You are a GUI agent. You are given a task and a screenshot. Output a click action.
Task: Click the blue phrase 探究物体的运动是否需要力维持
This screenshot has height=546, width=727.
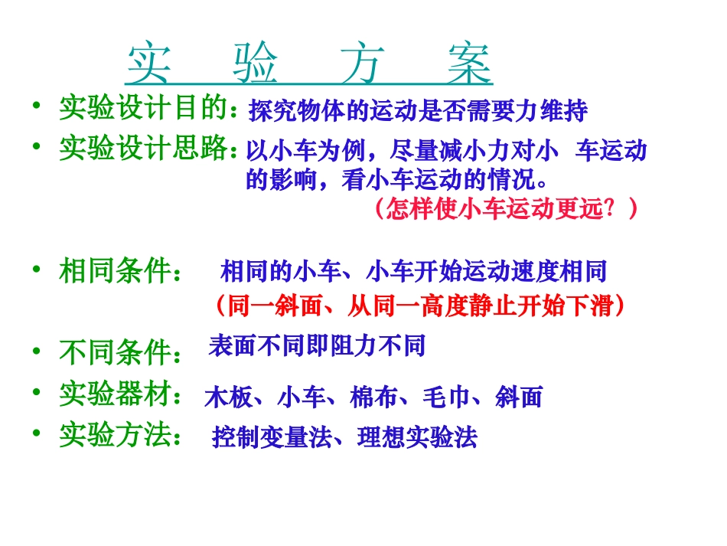[x=418, y=111]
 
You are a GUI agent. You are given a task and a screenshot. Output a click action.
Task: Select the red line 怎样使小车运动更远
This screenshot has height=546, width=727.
[x=506, y=208]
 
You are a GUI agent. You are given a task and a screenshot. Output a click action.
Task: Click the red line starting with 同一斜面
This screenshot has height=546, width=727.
[x=420, y=306]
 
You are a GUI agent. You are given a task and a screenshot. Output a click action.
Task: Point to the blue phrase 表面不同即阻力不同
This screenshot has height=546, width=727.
[x=317, y=346]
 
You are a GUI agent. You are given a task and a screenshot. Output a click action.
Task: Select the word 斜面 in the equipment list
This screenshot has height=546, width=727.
[x=519, y=397]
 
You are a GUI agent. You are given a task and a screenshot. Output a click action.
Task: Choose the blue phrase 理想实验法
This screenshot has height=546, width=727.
[x=416, y=437]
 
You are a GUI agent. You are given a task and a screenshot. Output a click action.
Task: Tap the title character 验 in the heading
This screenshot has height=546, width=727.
[x=256, y=63]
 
